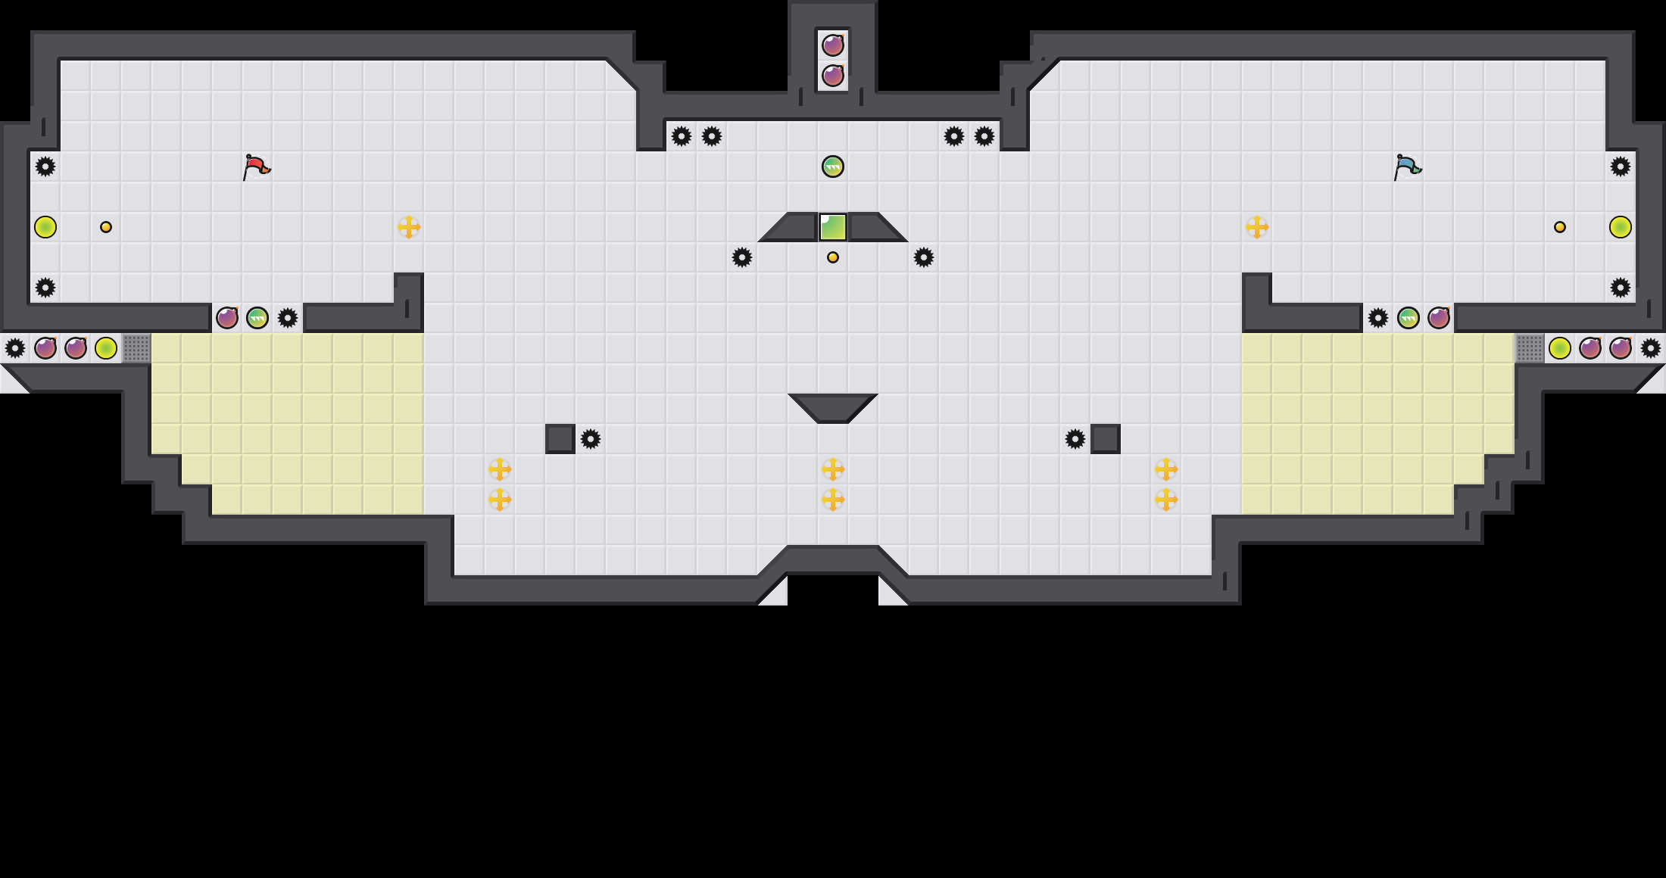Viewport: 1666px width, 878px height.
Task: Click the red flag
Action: (x=256, y=167)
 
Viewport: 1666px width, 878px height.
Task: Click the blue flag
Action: (x=1407, y=167)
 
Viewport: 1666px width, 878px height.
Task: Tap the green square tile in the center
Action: (x=833, y=227)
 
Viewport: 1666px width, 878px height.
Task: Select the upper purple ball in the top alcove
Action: (x=833, y=45)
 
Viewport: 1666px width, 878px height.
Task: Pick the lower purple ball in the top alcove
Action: (x=833, y=76)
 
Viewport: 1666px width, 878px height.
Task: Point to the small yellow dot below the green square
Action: (x=833, y=257)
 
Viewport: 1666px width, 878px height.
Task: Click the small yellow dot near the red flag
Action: (x=106, y=227)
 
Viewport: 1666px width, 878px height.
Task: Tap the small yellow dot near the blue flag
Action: (x=1560, y=227)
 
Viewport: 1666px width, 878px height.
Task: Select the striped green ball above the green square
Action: (x=833, y=167)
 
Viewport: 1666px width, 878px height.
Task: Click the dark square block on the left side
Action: (x=560, y=439)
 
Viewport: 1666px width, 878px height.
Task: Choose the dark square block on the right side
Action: (x=1106, y=439)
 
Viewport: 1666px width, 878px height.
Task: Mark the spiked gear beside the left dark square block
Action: (x=591, y=439)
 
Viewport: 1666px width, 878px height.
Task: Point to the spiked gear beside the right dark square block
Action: (x=1075, y=439)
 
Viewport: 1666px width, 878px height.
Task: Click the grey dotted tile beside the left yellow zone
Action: (x=136, y=348)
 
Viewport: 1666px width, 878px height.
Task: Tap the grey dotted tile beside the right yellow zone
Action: (x=1530, y=348)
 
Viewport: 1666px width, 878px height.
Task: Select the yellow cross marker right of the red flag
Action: (x=409, y=227)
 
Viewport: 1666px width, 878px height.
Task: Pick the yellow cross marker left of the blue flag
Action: (x=1257, y=227)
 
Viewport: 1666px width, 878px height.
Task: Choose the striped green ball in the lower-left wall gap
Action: (x=257, y=318)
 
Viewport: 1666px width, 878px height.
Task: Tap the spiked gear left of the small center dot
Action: (x=742, y=257)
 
